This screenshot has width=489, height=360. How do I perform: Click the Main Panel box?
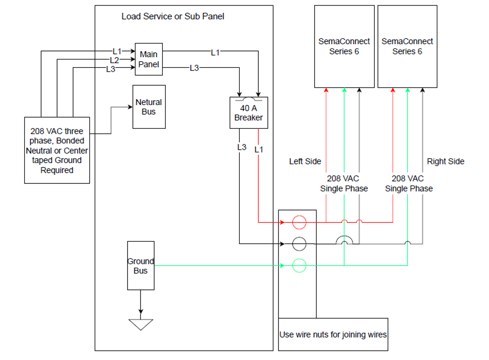pyautogui.click(x=149, y=59)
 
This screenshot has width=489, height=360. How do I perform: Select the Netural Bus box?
pyautogui.click(x=149, y=107)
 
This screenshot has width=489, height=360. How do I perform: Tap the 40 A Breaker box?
pyautogui.click(x=248, y=113)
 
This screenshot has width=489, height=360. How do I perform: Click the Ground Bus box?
pyautogui.click(x=141, y=265)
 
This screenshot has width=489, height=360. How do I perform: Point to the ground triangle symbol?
pyautogui.click(x=141, y=324)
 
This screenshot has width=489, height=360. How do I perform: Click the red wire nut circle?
pyautogui.click(x=299, y=223)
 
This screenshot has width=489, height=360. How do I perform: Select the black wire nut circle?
pyautogui.click(x=299, y=244)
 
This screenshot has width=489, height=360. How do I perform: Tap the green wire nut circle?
pyautogui.click(x=299, y=265)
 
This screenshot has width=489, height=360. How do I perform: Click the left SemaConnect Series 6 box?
pyautogui.click(x=344, y=46)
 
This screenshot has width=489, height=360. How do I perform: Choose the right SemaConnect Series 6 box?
pyautogui.click(x=407, y=46)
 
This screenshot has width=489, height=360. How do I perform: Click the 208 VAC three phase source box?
pyautogui.click(x=57, y=151)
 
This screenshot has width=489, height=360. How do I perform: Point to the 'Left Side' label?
pyautogui.click(x=305, y=162)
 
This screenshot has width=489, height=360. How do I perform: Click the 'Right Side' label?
pyautogui.click(x=446, y=162)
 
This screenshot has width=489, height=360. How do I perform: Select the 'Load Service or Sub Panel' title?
pyautogui.click(x=173, y=17)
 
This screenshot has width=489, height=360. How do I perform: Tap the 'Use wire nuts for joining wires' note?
pyautogui.click(x=333, y=335)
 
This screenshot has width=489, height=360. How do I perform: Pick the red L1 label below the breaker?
pyautogui.click(x=259, y=150)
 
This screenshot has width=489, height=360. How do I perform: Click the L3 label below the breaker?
pyautogui.click(x=241, y=147)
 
